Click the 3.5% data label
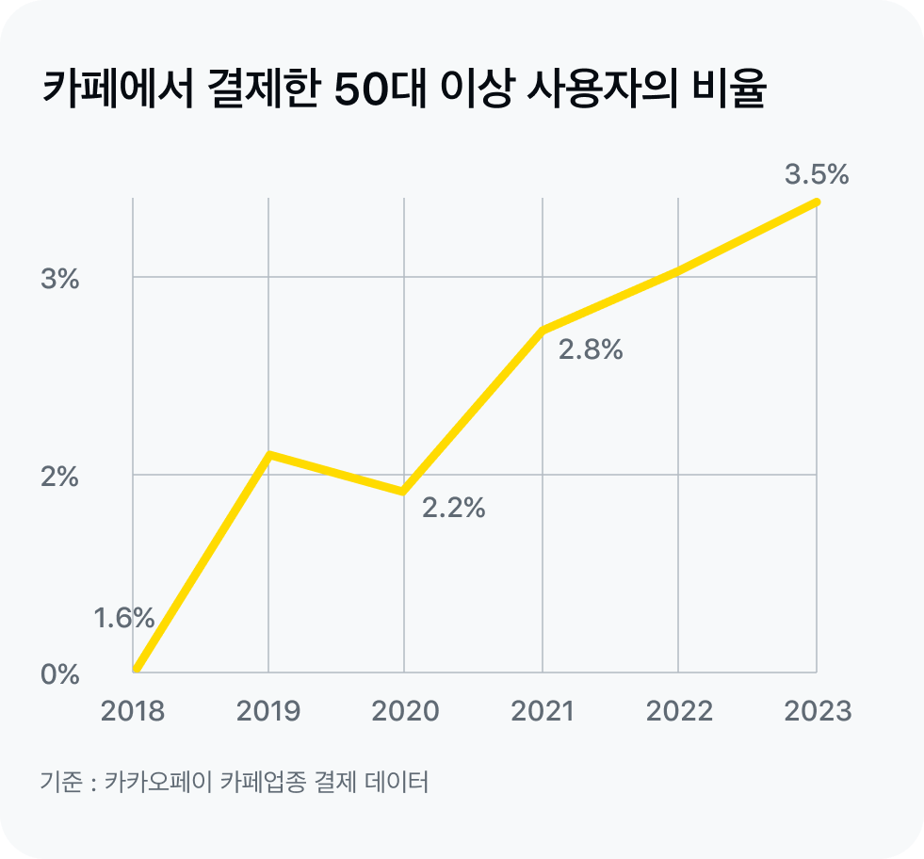click(x=817, y=174)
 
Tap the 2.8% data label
click(x=591, y=350)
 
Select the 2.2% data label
click(x=453, y=509)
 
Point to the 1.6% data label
click(x=123, y=618)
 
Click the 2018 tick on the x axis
click(x=132, y=710)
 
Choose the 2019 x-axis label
click(x=268, y=710)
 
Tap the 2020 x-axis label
click(x=405, y=710)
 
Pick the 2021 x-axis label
click(x=542, y=710)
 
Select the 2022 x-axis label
click(x=678, y=710)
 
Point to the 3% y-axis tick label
click(x=59, y=280)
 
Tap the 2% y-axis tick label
click(x=59, y=478)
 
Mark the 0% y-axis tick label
click(x=59, y=675)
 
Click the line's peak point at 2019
click(x=269, y=455)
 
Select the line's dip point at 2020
click(x=404, y=491)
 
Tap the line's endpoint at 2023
click(x=816, y=202)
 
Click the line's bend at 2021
click(x=542, y=330)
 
